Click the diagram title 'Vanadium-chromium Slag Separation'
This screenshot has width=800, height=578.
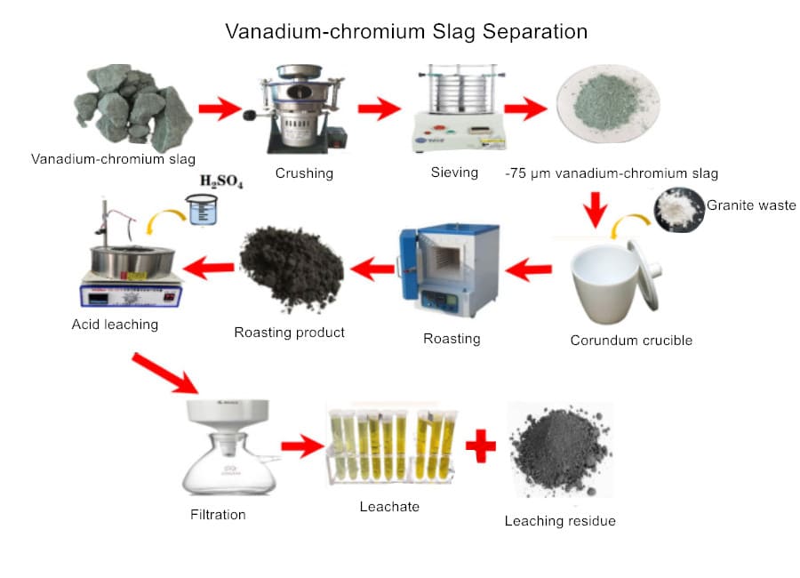pyautogui.click(x=406, y=31)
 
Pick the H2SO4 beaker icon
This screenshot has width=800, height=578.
pyautogui.click(x=204, y=212)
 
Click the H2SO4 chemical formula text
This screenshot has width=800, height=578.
pyautogui.click(x=220, y=183)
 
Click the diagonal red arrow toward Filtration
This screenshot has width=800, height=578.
pyautogui.click(x=165, y=373)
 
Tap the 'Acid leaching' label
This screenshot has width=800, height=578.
pyautogui.click(x=115, y=325)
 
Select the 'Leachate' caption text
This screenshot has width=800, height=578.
pyautogui.click(x=388, y=507)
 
